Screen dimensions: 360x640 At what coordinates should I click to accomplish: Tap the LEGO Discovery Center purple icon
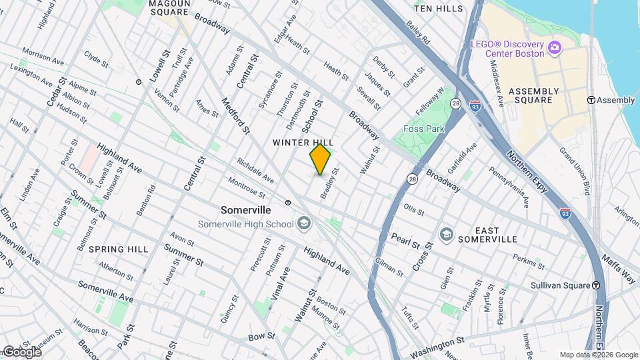pos(553,47)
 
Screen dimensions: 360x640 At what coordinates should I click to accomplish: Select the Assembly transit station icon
pos(591,100)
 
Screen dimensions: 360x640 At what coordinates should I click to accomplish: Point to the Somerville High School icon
pos(304,223)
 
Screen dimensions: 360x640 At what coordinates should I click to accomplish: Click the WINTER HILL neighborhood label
pos(299,143)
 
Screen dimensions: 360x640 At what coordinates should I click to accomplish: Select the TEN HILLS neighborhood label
pos(437,9)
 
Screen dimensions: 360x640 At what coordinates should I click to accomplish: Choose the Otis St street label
pos(413,209)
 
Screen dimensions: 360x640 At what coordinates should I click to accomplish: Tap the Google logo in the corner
pos(22,351)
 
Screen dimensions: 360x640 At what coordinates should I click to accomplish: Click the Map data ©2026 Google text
pos(598,355)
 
